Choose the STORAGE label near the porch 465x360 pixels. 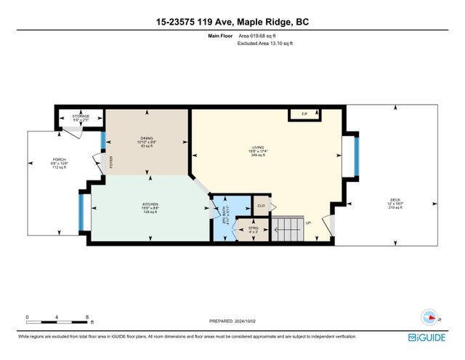81,116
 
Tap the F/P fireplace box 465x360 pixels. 299,114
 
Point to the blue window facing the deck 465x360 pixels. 355,156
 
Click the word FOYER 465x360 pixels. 112,162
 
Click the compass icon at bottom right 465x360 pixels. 430,317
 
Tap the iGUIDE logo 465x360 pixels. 433,337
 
